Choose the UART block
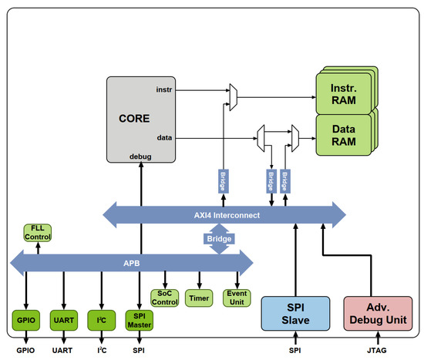pos(62,318)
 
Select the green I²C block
pos(101,318)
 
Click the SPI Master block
pos(140,318)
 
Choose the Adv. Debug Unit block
pos(377,315)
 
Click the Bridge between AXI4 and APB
pos(218,240)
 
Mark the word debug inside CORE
pos(140,156)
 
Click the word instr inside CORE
pos(164,89)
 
